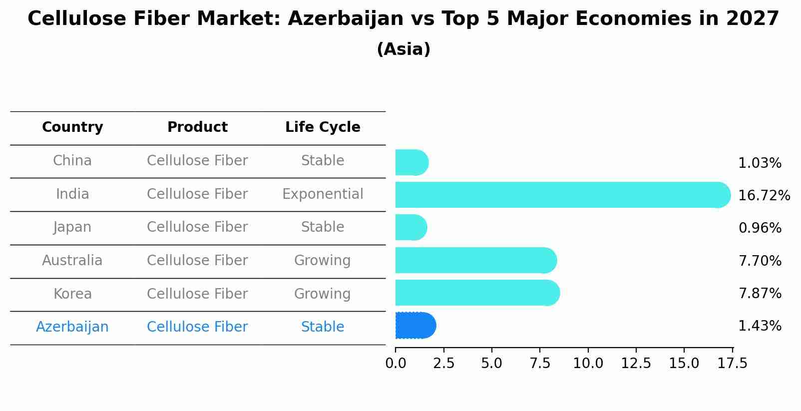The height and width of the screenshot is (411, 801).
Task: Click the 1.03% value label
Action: [760, 163]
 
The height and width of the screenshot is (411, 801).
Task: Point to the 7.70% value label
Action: [760, 261]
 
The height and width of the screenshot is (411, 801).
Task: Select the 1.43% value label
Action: [760, 326]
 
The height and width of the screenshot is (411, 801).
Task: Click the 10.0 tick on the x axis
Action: [588, 363]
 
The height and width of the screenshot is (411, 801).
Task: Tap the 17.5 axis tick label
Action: [733, 363]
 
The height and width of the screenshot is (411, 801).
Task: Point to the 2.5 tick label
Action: [443, 363]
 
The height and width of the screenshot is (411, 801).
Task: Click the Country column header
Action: [72, 127]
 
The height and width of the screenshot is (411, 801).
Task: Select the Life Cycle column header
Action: [323, 127]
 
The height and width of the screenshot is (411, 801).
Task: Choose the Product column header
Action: [197, 127]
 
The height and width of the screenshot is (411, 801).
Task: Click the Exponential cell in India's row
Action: [323, 194]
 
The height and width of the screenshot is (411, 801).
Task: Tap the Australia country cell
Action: [72, 261]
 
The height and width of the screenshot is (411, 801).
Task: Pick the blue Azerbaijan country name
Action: [72, 327]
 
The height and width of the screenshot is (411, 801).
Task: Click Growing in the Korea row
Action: [323, 294]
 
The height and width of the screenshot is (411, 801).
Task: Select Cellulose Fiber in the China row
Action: [197, 161]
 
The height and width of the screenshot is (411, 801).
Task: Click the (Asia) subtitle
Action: [403, 49]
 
